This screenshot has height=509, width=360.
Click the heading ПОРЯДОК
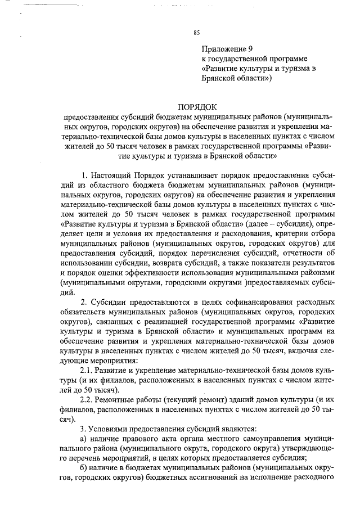[x=197, y=106]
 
